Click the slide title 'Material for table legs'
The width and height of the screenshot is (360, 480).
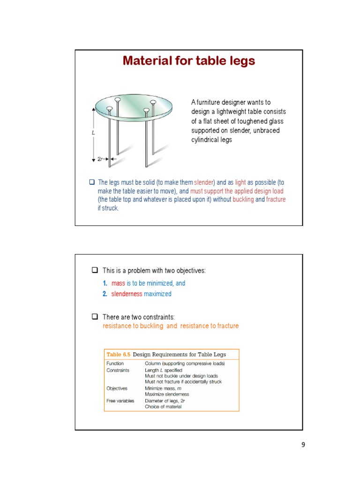pos(188,61)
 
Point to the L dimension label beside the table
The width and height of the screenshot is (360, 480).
pos(93,133)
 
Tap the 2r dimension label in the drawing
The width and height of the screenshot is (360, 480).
pos(100,159)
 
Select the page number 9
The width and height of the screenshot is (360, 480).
pos(303,445)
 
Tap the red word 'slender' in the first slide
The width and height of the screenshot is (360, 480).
pos(204,182)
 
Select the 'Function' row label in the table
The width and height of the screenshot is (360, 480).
pos(115,363)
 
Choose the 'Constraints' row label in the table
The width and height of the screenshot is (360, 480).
pos(118,370)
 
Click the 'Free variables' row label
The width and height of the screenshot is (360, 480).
pos(120,401)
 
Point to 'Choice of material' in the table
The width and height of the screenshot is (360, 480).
pos(163,407)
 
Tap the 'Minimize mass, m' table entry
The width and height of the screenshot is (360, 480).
pos(164,389)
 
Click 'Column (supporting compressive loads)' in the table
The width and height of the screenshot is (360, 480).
pos(185,363)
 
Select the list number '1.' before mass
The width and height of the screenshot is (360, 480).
pos(105,284)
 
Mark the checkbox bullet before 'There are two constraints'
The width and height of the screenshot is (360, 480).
pos(94,317)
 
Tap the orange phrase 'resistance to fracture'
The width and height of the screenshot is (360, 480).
pos(210,326)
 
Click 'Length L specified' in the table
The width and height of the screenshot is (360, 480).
pos(164,370)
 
